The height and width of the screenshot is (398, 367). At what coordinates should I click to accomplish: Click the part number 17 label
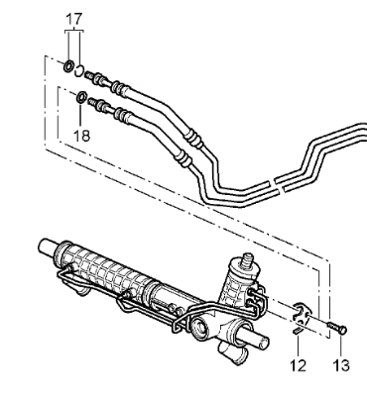tap(73, 19)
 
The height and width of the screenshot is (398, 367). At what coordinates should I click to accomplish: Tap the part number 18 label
tap(81, 136)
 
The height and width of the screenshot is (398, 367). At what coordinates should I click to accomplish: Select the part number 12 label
tap(298, 365)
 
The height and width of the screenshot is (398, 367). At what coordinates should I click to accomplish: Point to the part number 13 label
tap(341, 365)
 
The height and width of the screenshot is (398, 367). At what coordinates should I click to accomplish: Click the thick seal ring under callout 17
tap(68, 66)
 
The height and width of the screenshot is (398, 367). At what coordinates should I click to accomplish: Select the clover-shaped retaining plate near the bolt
tap(301, 313)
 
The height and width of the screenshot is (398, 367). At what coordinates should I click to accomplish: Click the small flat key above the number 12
tap(299, 331)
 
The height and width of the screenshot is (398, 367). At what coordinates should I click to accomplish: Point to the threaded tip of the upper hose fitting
tap(88, 75)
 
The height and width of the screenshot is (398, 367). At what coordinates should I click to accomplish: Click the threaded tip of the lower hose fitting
tap(92, 102)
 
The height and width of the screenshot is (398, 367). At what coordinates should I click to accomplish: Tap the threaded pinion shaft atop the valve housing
tap(247, 259)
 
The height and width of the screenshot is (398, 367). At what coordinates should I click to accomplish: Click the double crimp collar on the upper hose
tap(193, 137)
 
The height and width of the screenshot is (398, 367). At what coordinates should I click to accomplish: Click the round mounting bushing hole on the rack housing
tap(200, 330)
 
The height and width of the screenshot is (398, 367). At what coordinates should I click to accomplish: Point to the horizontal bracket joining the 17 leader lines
tap(73, 31)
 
